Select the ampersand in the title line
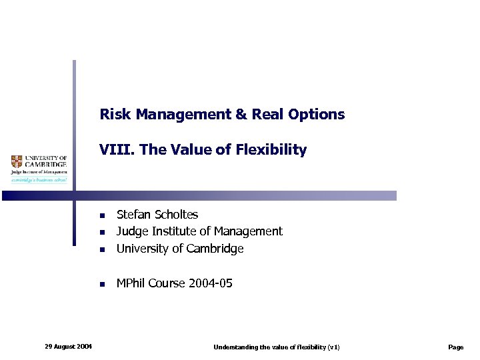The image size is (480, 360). point(241,114)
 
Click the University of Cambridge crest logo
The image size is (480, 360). point(17,161)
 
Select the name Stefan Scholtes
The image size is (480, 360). point(157,214)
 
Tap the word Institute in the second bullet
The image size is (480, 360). point(175,231)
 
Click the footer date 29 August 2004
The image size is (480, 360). point(68,346)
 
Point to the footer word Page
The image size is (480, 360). point(456,347)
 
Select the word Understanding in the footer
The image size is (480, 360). point(234,347)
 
